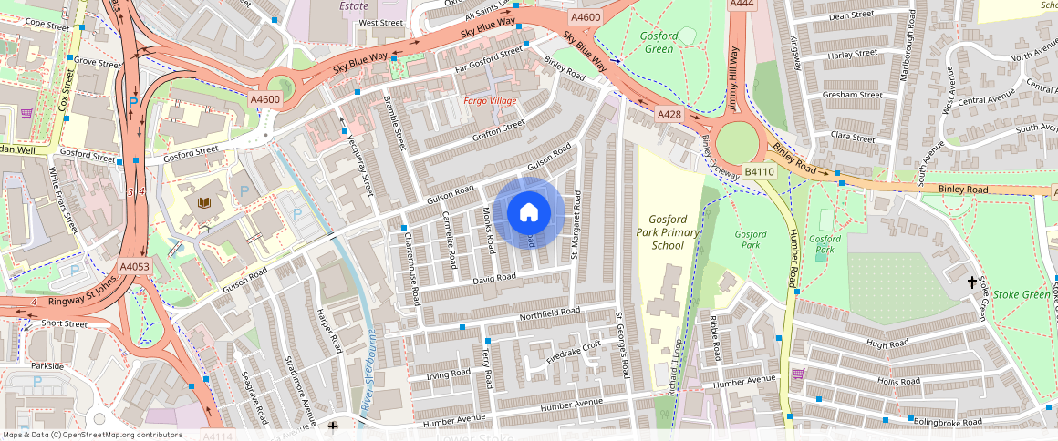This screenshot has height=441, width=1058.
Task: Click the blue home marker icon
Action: [x=528, y=212]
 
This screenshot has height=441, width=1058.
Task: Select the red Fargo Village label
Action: [x=490, y=100]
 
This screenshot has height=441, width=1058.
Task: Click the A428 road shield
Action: [x=671, y=115]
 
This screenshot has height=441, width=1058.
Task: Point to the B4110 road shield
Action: [x=759, y=171]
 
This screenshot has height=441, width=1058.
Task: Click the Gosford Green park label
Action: [x=659, y=42]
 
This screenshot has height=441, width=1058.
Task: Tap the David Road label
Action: [x=494, y=278]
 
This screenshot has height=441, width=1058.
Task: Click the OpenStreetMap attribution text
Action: [x=92, y=435]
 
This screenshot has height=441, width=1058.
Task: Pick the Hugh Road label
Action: [x=889, y=344]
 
